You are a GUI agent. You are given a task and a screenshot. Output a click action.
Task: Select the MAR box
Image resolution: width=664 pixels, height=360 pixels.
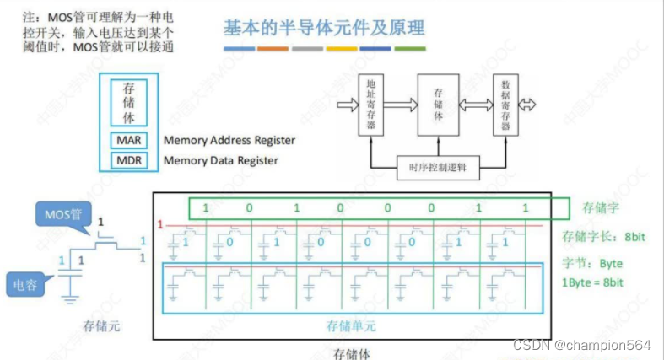[x=129, y=140]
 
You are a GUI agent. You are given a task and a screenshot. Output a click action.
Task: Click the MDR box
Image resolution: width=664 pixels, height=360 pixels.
[x=129, y=159]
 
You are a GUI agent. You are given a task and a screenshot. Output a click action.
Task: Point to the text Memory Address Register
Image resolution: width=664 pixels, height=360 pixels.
[x=229, y=140]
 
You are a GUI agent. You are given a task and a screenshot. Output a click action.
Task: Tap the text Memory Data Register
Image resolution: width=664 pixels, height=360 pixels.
[x=221, y=160]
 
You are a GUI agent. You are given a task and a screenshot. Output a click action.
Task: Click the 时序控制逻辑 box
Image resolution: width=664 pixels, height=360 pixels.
[x=438, y=167]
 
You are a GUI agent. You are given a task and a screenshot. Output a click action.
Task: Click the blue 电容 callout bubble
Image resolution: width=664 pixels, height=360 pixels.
[x=27, y=284]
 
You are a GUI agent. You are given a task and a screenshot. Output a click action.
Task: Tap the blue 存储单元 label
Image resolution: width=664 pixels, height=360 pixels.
[x=350, y=325]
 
